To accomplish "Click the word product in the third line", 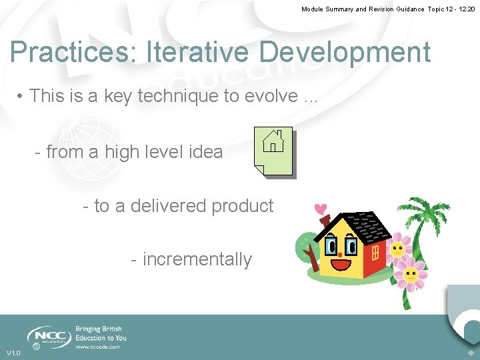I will [240, 206].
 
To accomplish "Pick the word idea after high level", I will [205, 152].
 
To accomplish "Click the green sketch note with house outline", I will [273, 151].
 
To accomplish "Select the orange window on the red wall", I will [375, 253].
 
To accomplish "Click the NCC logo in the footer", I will [48, 335].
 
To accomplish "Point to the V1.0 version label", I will [13, 353].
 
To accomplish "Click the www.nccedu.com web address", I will [97, 347].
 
